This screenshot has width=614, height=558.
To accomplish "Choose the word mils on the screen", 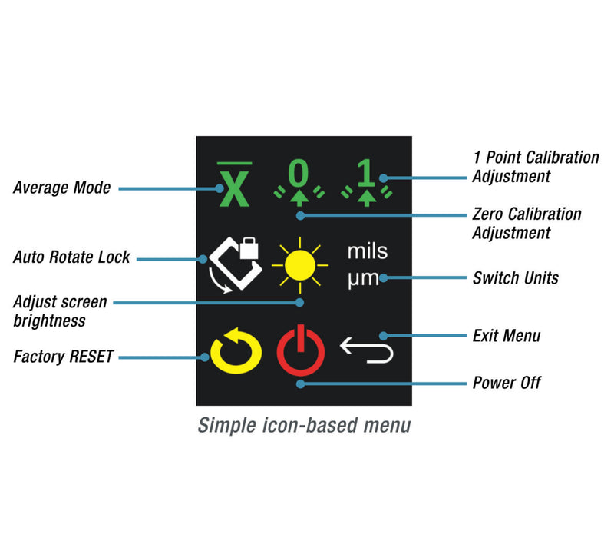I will tap(368, 251).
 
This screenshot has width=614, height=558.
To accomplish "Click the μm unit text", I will tap(363, 277).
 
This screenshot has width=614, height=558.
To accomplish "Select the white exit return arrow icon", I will tap(367, 350).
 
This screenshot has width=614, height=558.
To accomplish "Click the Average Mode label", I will tap(61, 188).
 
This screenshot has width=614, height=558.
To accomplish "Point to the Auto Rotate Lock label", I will tap(71, 257).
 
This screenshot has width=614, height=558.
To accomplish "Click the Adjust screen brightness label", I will tap(60, 311).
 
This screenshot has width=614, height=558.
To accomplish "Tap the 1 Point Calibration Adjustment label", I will tap(535, 167).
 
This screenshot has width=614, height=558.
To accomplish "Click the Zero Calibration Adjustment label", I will tap(527, 223).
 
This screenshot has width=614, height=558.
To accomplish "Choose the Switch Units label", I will tap(515, 277).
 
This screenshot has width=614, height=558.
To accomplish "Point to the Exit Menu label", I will tap(507, 336).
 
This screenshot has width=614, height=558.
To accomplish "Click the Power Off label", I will tap(507, 382).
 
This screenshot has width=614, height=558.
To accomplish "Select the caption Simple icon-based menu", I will tap(304, 425).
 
